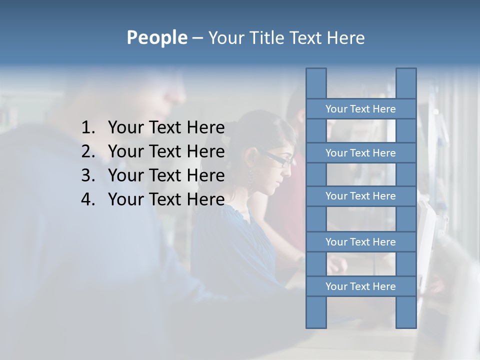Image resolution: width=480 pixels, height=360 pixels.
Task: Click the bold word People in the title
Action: (x=156, y=38)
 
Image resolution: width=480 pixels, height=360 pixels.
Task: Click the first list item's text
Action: (x=166, y=128)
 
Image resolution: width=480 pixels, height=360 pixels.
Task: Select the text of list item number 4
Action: (x=166, y=199)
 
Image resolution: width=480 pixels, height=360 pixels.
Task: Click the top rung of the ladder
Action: (x=360, y=109)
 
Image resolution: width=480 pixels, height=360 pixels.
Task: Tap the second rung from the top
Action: (x=360, y=153)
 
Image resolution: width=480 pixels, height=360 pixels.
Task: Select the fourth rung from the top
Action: (x=360, y=242)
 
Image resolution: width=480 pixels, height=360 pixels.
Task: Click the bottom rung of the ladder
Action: (x=360, y=286)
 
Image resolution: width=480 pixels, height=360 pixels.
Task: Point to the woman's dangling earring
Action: (x=250, y=178)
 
